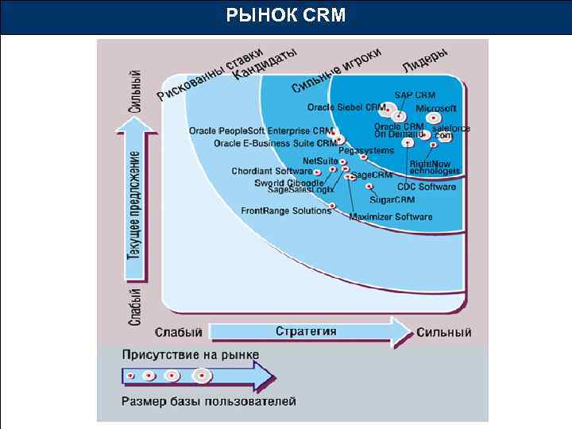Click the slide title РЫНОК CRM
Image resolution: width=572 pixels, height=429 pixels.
point(286,15)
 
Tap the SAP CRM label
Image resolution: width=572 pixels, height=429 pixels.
point(415,95)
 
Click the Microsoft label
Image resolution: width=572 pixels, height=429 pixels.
point(436,108)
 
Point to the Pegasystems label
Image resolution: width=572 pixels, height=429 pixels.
point(366,150)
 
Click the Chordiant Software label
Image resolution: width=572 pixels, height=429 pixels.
point(272,171)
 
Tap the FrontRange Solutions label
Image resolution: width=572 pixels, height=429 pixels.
point(286,211)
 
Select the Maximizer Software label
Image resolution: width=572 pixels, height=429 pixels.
point(391,217)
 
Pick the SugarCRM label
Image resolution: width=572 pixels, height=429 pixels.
point(392,199)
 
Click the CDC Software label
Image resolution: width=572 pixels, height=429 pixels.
point(427,187)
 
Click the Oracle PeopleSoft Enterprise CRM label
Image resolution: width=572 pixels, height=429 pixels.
point(261,130)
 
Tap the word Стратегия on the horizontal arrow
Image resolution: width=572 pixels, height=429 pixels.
point(306,331)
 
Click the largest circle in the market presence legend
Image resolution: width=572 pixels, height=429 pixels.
point(203,375)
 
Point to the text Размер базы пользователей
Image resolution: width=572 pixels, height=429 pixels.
point(209,401)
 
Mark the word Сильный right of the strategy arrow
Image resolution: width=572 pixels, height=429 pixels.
point(444,332)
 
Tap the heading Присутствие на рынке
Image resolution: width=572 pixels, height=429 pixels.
point(190,354)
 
